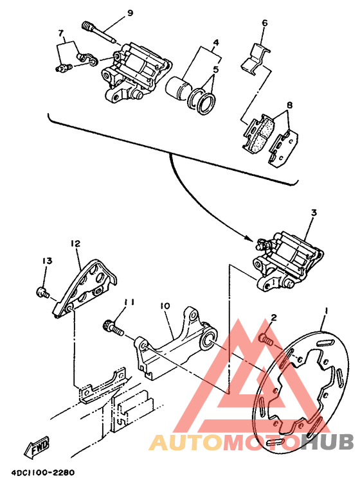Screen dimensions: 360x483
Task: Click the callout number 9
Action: point(130,13)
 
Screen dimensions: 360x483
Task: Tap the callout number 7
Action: point(60,32)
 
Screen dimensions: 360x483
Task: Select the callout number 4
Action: point(216,42)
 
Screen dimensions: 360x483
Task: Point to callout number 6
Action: point(264,23)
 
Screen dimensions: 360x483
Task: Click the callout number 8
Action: point(289,105)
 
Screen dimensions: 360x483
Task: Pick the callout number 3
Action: point(314,213)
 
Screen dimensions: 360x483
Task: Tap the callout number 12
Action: point(75,243)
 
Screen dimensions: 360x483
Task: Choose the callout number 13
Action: point(47,261)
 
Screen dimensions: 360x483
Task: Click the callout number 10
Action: point(165,306)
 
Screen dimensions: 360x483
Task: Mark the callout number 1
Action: point(326,312)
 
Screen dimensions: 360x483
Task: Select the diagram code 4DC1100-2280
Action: point(43,472)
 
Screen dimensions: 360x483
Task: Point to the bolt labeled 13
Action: point(42,292)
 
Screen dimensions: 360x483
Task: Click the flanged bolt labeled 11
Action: point(113,328)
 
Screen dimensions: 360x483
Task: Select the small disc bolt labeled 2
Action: point(265,339)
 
